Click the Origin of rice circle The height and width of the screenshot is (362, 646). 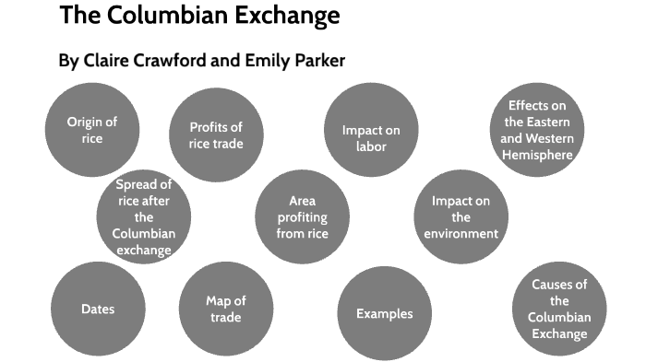(x=91, y=130)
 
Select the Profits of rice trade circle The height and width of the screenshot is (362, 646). (x=215, y=134)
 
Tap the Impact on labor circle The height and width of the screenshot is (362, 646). (x=370, y=137)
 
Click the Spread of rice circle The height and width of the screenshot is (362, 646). (x=143, y=217)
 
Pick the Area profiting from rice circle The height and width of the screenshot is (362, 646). (x=302, y=217)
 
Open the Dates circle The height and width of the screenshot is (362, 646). (x=98, y=309)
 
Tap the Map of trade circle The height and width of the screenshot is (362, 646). (x=225, y=309)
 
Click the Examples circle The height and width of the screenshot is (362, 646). (x=385, y=313)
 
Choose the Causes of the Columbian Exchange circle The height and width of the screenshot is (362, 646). (x=559, y=309)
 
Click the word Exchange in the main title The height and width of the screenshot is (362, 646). (x=288, y=16)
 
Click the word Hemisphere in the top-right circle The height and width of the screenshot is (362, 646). (x=536, y=155)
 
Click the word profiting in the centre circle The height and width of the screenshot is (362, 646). (x=303, y=217)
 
